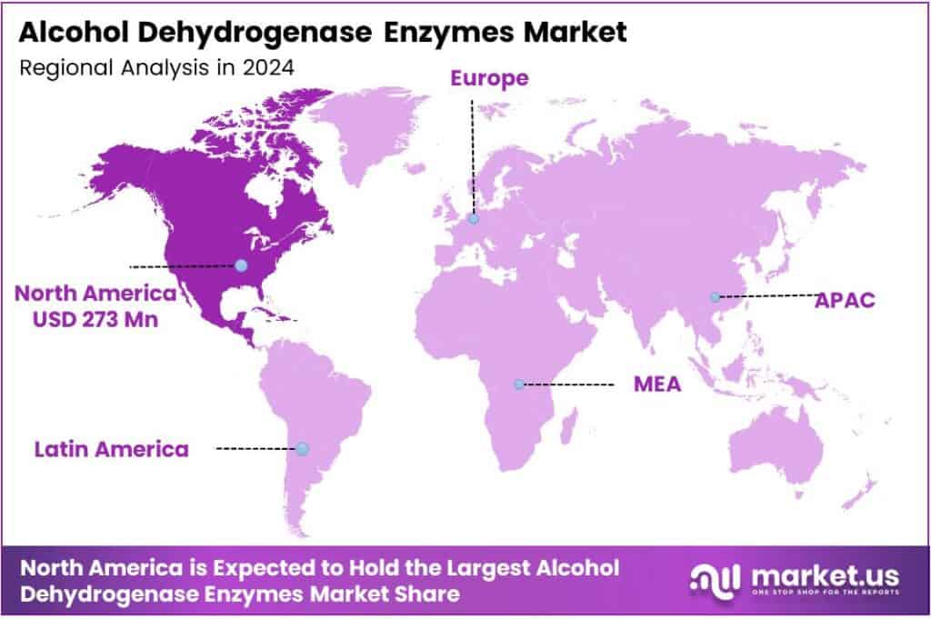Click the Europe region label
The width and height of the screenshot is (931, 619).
click(x=489, y=78)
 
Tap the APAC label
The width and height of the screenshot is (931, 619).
click(x=845, y=300)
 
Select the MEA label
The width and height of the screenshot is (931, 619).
click(x=657, y=384)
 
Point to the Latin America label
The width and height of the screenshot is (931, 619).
click(x=112, y=448)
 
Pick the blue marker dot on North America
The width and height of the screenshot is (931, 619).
click(x=240, y=265)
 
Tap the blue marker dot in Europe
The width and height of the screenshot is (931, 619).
click(x=474, y=218)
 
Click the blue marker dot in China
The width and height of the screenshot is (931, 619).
click(x=716, y=297)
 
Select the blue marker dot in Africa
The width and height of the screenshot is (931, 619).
click(x=518, y=384)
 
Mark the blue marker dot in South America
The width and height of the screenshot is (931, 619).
click(x=303, y=449)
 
